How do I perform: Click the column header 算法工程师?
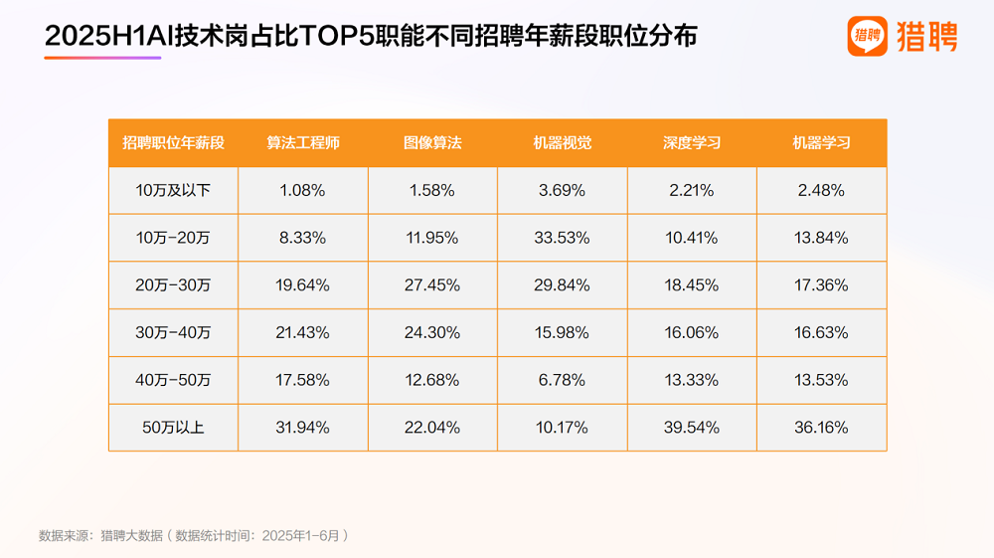(x=303, y=142)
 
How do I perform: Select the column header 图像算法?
(x=432, y=142)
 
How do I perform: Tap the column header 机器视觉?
(x=563, y=142)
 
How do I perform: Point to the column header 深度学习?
(x=692, y=142)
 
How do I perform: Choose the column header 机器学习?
(x=821, y=142)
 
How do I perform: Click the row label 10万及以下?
(x=173, y=190)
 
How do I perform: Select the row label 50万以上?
(x=173, y=428)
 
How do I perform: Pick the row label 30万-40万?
(x=173, y=332)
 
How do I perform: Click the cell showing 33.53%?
(x=563, y=238)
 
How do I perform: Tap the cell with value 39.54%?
(x=692, y=428)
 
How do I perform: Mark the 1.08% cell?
(x=303, y=190)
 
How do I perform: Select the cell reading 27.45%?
(x=432, y=285)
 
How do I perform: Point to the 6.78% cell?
(x=563, y=380)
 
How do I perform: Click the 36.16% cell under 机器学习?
(x=821, y=428)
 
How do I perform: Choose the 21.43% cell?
(x=303, y=332)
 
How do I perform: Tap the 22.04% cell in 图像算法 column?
(x=432, y=428)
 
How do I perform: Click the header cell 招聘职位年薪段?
(x=173, y=142)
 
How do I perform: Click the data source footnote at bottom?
(x=194, y=535)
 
